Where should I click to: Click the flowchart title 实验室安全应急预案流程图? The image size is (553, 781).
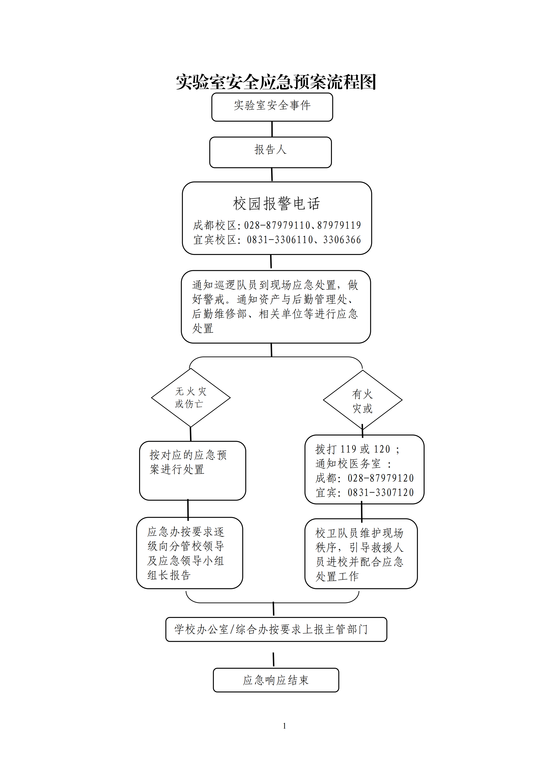[276, 82]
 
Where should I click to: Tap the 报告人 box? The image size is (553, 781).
[270, 152]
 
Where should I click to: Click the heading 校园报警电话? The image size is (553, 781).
[276, 203]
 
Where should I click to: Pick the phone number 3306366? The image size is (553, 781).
[342, 240]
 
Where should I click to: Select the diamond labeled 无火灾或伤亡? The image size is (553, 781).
[191, 398]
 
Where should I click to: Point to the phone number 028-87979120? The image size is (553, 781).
[380, 478]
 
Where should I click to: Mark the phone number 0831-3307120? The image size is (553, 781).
[380, 492]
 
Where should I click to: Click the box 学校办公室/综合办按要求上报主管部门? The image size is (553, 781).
[276, 629]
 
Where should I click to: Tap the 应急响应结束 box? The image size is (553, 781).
[276, 680]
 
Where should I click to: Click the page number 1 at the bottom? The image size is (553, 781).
[284, 726]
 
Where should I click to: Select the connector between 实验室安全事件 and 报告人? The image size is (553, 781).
[272, 129]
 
